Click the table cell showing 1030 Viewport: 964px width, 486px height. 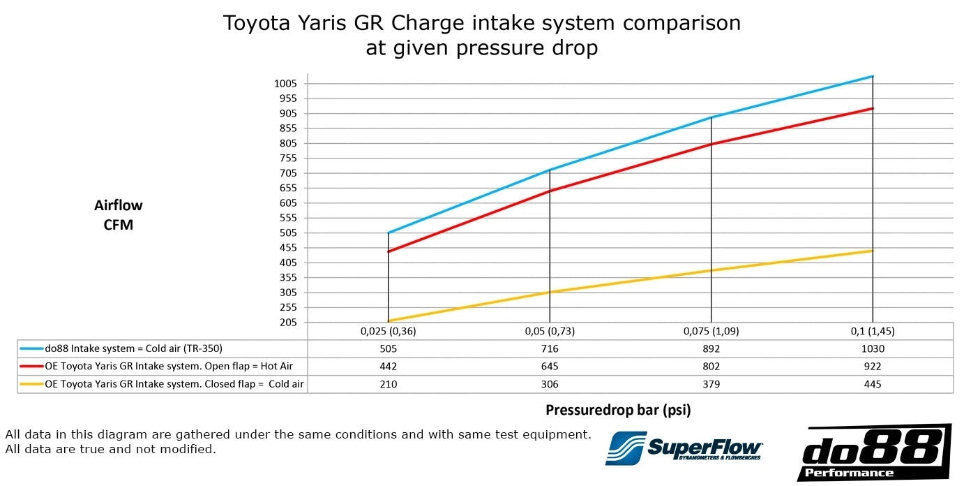click(872, 348)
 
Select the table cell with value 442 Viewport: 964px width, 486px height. click(388, 367)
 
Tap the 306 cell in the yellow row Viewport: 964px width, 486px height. click(549, 384)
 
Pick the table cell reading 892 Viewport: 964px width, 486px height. click(711, 348)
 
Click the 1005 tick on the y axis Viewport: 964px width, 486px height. click(286, 83)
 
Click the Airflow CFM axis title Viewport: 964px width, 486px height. click(118, 215)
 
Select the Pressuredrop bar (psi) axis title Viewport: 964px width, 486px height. click(618, 410)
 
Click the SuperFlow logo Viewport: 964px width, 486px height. click(684, 447)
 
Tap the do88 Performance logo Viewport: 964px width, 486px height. click(873, 452)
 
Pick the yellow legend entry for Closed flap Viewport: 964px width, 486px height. click(162, 384)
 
